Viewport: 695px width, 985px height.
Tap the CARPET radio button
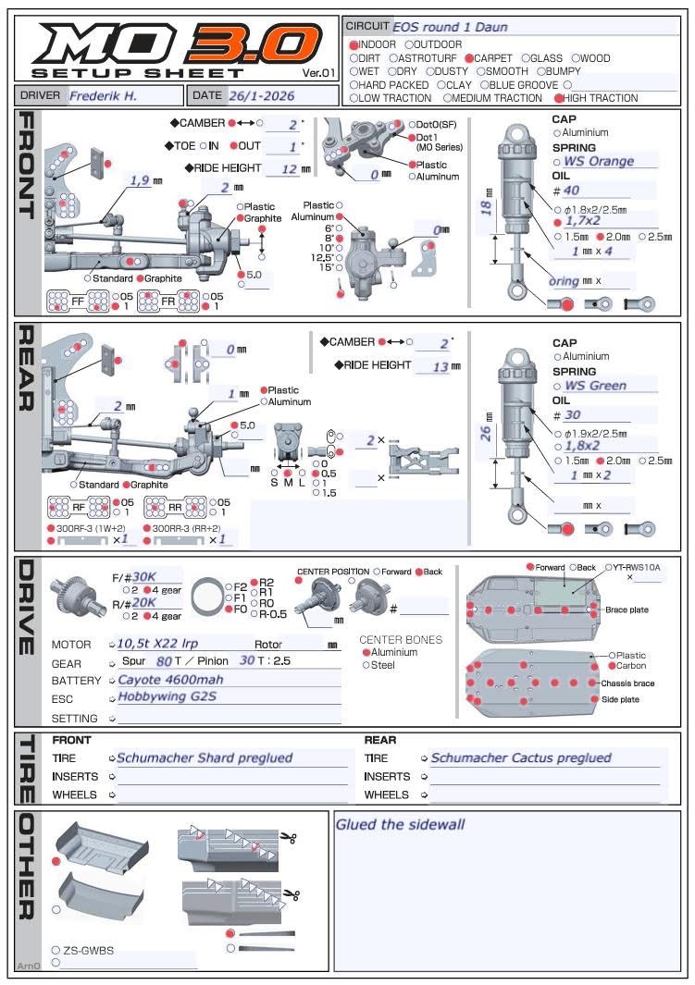pos(470,58)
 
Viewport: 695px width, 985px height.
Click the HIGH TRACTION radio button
pos(559,98)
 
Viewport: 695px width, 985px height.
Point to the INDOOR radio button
pos(354,44)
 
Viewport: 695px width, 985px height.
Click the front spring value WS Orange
pos(599,161)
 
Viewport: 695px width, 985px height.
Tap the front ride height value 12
pos(289,168)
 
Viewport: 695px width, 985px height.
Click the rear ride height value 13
pos(440,366)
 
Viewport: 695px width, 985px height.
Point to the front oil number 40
pos(571,191)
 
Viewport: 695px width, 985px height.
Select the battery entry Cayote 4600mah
pos(168,681)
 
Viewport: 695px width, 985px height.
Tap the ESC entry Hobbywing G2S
pos(167,697)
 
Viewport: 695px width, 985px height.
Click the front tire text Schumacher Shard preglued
pos(204,758)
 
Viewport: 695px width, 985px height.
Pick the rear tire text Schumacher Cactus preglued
pos(520,758)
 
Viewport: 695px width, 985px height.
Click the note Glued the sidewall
pos(400,825)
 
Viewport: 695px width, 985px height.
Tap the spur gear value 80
pos(164,662)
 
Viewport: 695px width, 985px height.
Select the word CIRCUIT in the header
pos(367,27)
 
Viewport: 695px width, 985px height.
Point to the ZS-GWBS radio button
pos(56,951)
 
